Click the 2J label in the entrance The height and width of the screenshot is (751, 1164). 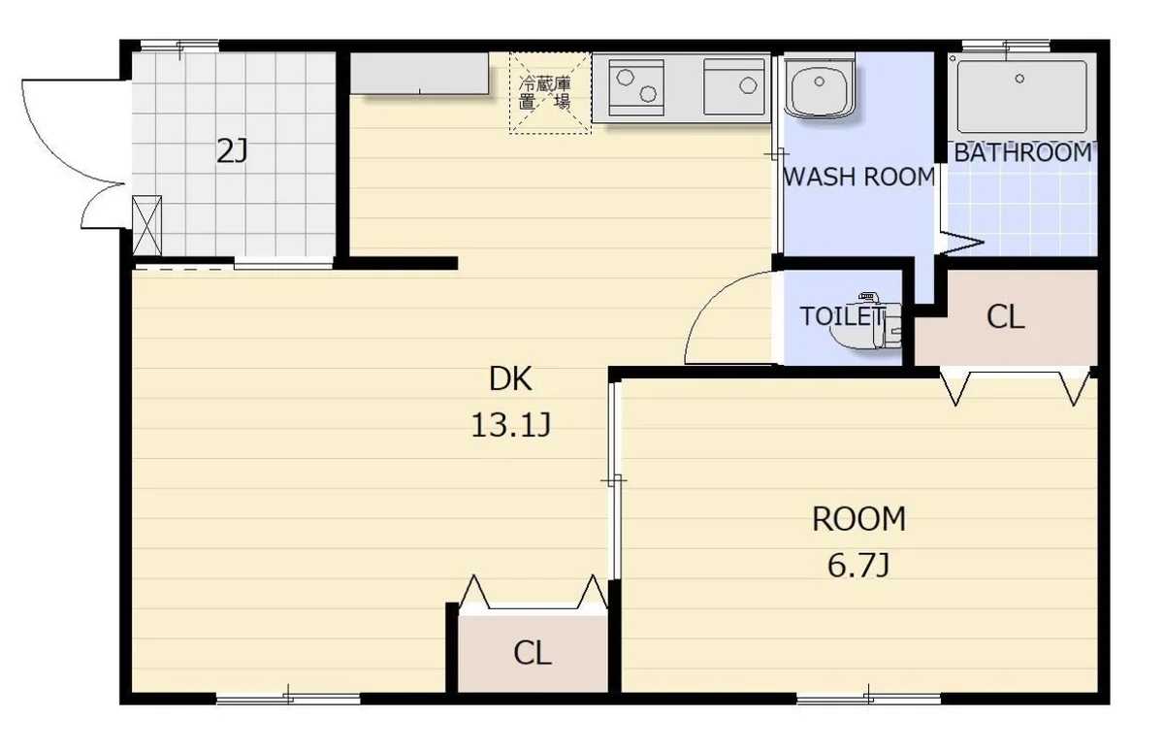click(232, 151)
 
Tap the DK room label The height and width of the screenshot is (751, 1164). click(510, 378)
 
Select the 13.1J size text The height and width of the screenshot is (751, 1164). click(510, 425)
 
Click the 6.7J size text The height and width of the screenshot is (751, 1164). click(858, 565)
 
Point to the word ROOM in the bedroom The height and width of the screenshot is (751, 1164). click(859, 519)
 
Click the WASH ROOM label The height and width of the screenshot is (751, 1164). click(859, 177)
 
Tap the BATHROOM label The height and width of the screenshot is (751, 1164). click(1023, 152)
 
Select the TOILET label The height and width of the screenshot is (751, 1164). click(841, 316)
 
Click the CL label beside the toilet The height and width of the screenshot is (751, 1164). click(1006, 317)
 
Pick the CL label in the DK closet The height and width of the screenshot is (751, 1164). click(533, 653)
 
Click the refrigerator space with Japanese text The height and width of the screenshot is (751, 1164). click(550, 93)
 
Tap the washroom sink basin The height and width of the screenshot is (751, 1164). click(820, 86)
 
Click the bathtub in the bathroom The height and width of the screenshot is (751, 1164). click(1022, 97)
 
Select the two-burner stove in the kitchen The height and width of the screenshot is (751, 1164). click(636, 87)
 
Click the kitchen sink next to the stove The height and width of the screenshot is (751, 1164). click(733, 86)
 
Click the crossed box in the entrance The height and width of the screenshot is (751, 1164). click(147, 225)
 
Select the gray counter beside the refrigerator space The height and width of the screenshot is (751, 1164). click(419, 74)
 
